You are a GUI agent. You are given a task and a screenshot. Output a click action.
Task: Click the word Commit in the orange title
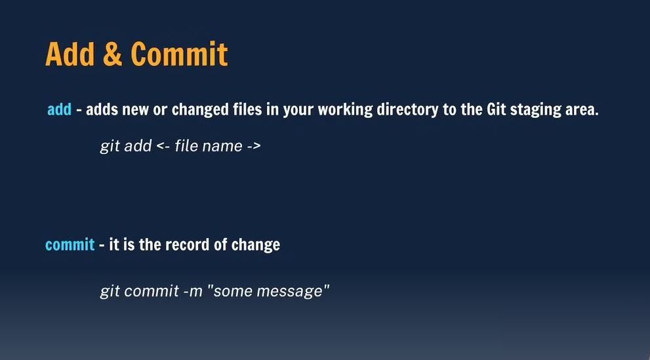tap(179, 54)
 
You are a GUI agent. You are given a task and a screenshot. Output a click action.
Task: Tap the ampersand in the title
tap(112, 54)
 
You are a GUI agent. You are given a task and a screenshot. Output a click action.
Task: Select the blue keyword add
tap(59, 110)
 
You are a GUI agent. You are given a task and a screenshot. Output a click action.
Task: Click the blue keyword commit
tap(70, 245)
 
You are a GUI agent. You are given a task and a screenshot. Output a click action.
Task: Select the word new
tap(135, 110)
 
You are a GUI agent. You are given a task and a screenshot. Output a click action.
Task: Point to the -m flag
tap(193, 291)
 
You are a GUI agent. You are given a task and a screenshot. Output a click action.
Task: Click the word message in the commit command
tap(289, 291)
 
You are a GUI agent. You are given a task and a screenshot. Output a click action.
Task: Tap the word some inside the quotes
tap(233, 291)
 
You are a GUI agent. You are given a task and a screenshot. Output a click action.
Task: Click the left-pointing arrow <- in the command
tap(163, 146)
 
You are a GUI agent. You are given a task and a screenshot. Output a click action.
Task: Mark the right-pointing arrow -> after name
tap(254, 146)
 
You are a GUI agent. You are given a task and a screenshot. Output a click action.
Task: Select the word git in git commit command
tap(110, 291)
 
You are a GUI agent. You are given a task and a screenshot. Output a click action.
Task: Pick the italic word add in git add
tap(138, 146)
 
